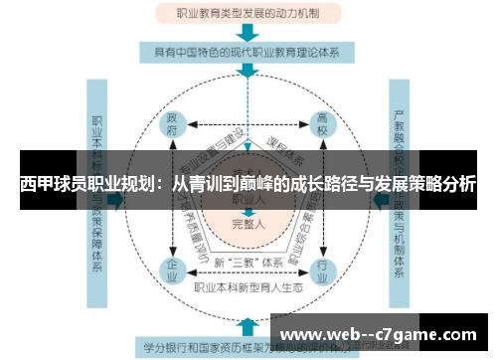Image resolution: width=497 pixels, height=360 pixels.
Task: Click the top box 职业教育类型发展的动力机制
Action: point(248,13)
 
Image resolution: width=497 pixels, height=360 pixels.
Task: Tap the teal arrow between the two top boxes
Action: point(248,34)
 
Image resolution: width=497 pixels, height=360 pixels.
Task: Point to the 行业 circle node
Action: point(323,269)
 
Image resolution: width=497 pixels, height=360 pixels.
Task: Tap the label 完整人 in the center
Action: point(248,224)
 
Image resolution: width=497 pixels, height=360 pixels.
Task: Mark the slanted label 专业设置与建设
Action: point(211,149)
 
